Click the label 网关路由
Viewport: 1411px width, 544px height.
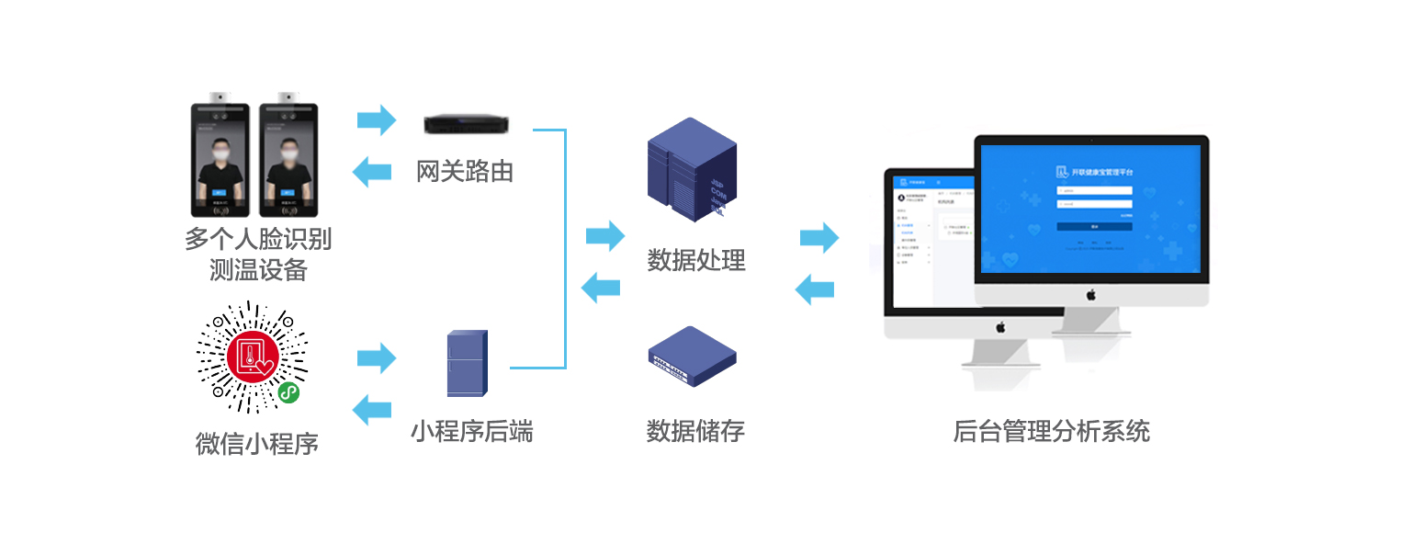click(465, 171)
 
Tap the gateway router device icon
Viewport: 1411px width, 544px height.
click(467, 124)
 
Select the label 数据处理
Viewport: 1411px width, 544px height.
click(695, 260)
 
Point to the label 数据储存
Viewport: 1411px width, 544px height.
click(695, 430)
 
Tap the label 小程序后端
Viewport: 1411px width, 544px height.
click(471, 430)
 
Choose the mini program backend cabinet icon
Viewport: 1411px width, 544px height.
click(467, 363)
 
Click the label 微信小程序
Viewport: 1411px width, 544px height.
click(257, 444)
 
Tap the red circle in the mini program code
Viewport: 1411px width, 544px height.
click(252, 357)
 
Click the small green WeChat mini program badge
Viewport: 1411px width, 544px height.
click(289, 393)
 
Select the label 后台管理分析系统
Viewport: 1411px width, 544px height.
click(1051, 430)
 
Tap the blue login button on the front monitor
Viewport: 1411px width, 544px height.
click(1093, 226)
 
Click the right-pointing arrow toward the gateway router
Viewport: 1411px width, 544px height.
click(376, 119)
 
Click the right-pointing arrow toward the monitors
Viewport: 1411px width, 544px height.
click(819, 238)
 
